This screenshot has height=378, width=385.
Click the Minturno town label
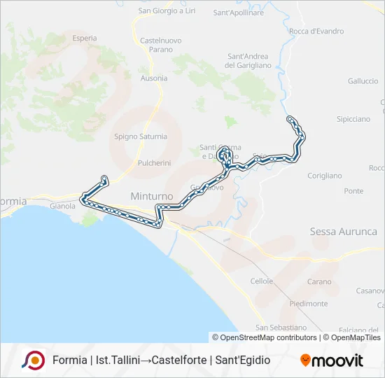click(x=147, y=197)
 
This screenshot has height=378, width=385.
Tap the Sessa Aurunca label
click(x=343, y=232)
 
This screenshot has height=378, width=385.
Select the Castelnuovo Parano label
click(x=161, y=45)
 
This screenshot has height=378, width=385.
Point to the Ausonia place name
click(x=154, y=78)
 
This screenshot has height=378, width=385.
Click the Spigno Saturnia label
click(x=141, y=136)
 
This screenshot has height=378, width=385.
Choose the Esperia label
click(x=84, y=38)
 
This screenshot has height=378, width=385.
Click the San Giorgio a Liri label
click(x=167, y=10)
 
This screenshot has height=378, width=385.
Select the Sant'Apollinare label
click(x=238, y=13)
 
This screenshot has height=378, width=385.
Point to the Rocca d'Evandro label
click(x=316, y=31)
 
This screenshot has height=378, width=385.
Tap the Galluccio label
click(x=363, y=81)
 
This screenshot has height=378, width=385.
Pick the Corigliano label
click(x=324, y=176)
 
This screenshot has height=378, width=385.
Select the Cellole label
click(x=262, y=281)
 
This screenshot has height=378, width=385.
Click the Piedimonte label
click(x=308, y=304)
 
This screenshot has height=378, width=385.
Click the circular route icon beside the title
click(x=33, y=360)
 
